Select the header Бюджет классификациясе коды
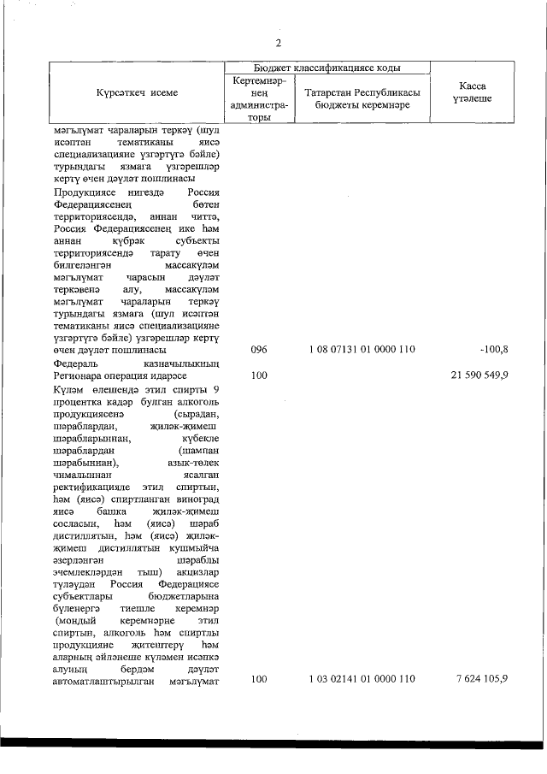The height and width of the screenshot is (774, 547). (x=327, y=67)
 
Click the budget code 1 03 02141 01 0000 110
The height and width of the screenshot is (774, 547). (x=362, y=679)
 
